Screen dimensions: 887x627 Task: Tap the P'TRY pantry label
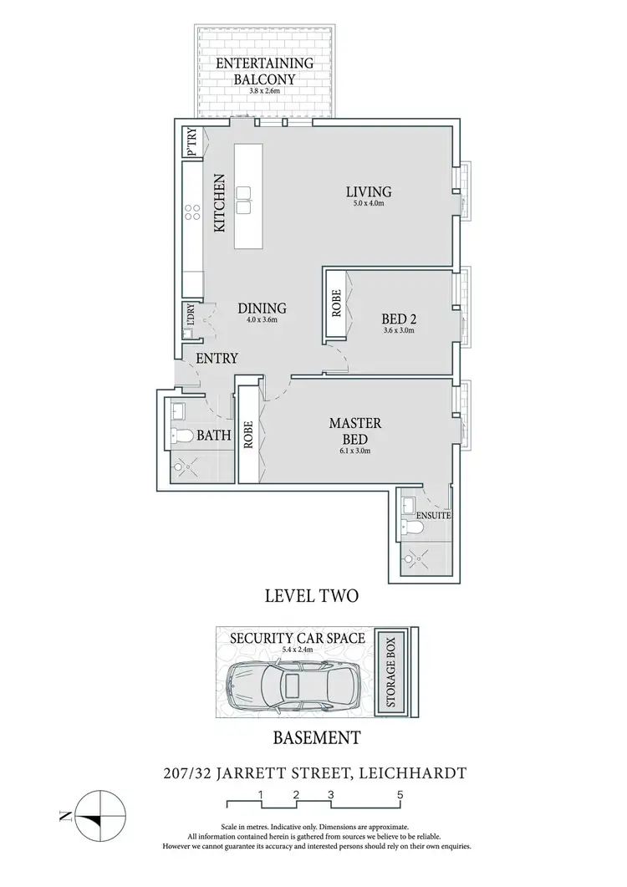tap(191, 142)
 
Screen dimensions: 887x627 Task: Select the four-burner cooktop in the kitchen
tap(191, 212)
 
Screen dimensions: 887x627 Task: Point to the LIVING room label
tap(369, 192)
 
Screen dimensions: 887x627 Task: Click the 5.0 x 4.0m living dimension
tap(369, 205)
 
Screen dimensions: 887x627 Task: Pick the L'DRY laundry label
tap(191, 315)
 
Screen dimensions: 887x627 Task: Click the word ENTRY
tap(217, 359)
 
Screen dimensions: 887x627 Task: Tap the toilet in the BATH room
tap(181, 436)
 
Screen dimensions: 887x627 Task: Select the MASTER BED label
tap(349, 431)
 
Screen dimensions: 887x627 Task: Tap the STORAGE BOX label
tap(393, 672)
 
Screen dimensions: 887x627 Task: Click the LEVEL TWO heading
tap(311, 596)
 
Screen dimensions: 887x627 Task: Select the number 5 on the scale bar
tap(401, 793)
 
